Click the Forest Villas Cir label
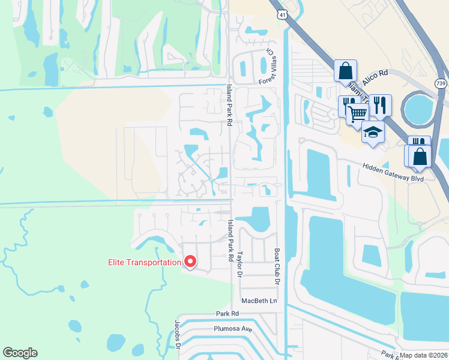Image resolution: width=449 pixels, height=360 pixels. click(266, 67)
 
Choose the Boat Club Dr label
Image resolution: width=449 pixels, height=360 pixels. click(277, 268)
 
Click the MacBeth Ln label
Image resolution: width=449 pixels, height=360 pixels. click(260, 300)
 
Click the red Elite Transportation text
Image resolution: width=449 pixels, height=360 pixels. click(144, 262)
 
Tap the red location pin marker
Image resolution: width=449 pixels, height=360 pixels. click(190, 262)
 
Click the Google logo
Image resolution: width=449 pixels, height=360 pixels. click(20, 353)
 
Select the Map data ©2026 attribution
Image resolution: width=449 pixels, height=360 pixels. click(423, 355)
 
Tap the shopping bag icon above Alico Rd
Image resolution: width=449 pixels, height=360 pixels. click(345, 70)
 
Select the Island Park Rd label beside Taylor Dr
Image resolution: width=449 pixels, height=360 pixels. click(230, 240)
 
